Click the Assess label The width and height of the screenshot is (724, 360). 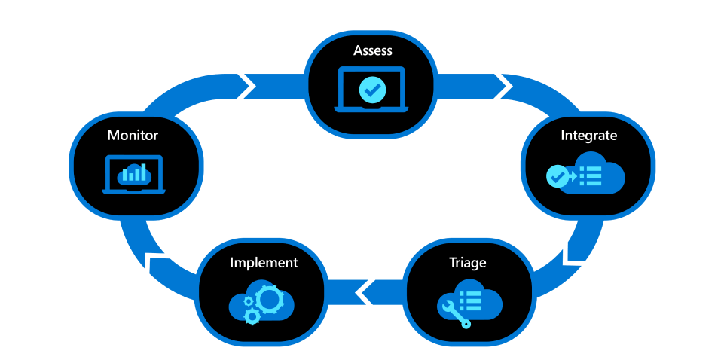[373, 51]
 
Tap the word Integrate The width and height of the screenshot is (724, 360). [588, 136]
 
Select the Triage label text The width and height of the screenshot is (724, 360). [468, 263]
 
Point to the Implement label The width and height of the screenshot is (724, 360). [264, 263]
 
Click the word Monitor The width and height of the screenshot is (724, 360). [133, 136]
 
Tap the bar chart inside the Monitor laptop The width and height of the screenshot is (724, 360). [133, 174]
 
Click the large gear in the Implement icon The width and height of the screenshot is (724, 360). [269, 299]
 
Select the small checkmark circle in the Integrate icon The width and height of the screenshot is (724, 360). [557, 176]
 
